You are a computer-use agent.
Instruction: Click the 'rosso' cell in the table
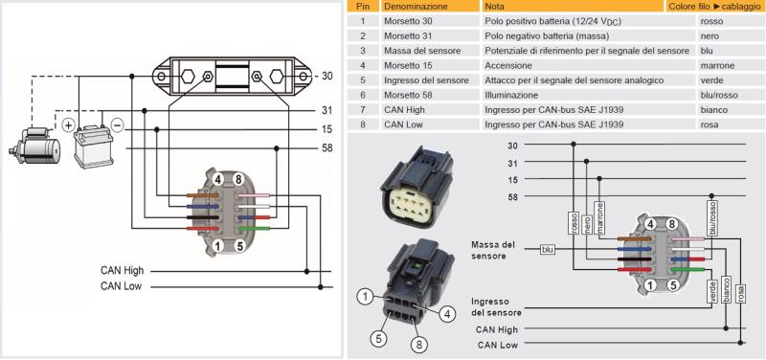pos(711,21)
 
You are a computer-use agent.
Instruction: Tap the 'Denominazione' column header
pos(416,7)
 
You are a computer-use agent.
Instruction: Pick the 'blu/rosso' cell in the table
pos(719,95)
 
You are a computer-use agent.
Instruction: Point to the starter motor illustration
pos(35,146)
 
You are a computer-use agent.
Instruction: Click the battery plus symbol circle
pos(68,125)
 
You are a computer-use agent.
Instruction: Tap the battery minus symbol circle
pos(118,125)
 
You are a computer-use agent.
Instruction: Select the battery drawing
pos(93,146)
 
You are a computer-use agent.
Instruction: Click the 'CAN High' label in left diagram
pos(123,271)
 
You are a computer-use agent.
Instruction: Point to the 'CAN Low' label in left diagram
pos(121,286)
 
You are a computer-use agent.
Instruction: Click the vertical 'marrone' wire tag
pos(600,217)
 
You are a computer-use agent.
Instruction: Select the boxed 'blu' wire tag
pos(548,250)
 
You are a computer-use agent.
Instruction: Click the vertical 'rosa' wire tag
pos(741,293)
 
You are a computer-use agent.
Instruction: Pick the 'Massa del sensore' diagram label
pos(493,250)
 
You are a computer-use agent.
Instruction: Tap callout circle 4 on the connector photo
pos(447,314)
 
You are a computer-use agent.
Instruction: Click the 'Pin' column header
pos(363,7)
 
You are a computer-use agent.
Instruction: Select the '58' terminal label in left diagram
pos(327,148)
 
